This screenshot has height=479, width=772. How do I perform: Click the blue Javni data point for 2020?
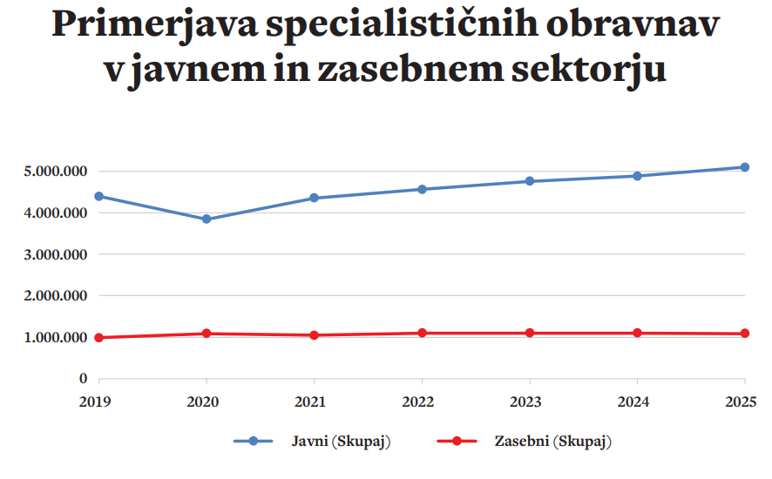point(207,219)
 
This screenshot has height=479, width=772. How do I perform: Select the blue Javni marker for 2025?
point(745,167)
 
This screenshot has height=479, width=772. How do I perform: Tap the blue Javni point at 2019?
point(99,196)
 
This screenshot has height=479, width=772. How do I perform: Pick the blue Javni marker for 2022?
point(422,189)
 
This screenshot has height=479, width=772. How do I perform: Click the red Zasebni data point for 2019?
point(99,338)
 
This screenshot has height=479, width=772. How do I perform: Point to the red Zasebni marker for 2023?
point(530,334)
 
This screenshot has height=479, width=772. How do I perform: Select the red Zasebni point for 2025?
point(745,334)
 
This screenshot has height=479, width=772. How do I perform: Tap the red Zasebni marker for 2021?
point(315,335)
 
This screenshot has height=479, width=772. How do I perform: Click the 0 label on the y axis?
point(83,379)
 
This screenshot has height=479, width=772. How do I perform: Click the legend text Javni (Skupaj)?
point(341,442)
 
